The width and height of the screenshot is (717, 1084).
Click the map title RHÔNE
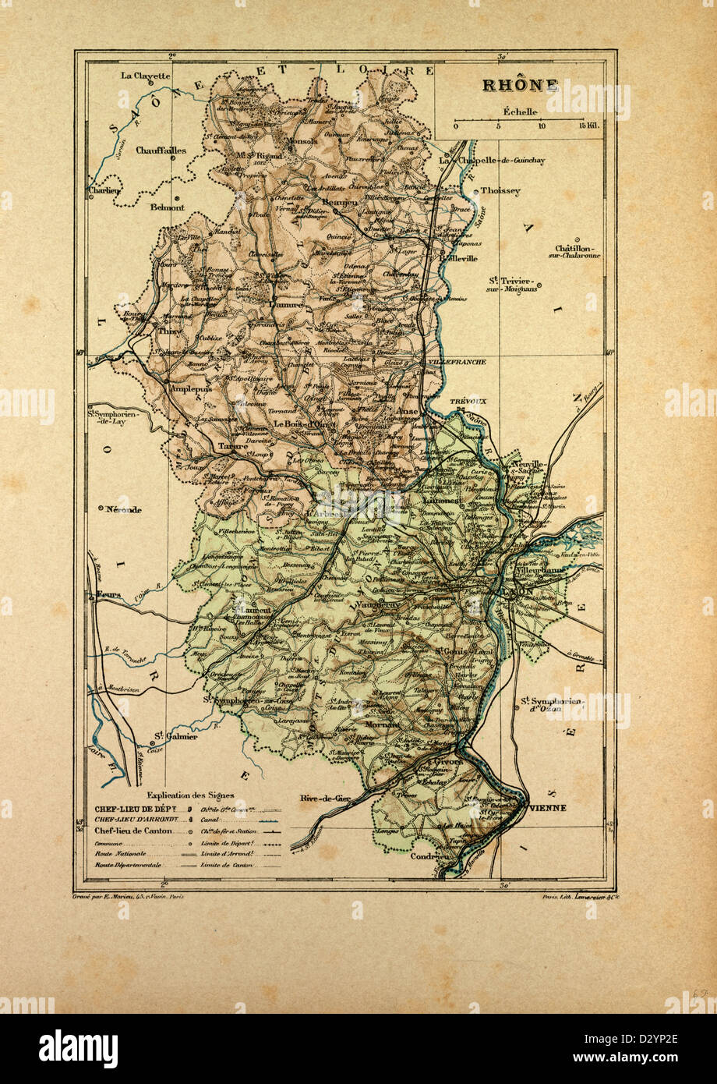pyautogui.click(x=519, y=85)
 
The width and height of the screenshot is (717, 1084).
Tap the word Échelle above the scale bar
pyautogui.click(x=519, y=111)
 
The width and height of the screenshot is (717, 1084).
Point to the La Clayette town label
pyautogui.click(x=145, y=76)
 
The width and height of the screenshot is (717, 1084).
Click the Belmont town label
pyautogui.click(x=167, y=207)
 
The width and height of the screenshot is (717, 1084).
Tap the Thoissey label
pyautogui.click(x=500, y=190)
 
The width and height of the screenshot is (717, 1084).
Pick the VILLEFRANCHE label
pyautogui.click(x=457, y=362)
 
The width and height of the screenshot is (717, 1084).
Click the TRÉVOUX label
pyautogui.click(x=468, y=400)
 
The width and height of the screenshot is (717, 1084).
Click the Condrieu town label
pyautogui.click(x=430, y=855)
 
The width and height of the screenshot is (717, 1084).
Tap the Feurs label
pyautogui.click(x=109, y=596)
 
